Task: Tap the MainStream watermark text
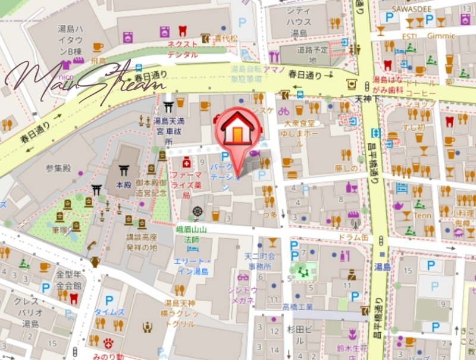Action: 83,80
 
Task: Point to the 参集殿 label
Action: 59,168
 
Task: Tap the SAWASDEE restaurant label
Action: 410,8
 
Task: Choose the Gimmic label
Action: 441,36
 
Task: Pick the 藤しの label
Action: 345,168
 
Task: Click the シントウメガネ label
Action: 242,294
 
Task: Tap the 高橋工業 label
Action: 297,307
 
